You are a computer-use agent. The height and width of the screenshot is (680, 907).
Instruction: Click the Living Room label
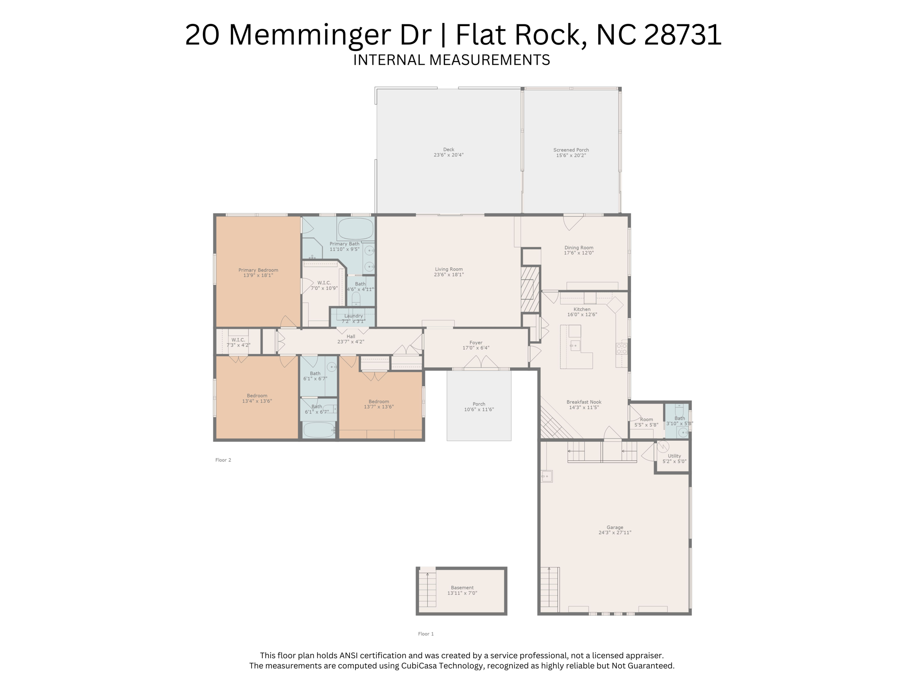449,269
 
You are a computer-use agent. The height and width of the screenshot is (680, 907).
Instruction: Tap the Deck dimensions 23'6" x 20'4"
449,155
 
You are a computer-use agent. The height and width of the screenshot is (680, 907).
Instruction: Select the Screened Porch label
571,150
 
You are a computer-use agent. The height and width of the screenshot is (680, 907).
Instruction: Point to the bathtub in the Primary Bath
356,228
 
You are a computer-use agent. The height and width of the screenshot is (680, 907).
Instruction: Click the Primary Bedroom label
258,270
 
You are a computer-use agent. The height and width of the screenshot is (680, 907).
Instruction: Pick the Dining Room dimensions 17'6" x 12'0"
579,253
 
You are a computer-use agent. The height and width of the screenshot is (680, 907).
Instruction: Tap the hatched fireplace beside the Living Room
530,290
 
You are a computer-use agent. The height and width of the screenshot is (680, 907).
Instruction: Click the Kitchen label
582,309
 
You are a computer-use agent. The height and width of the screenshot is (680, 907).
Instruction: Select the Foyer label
476,343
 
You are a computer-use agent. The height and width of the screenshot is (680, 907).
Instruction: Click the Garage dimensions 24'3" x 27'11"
615,533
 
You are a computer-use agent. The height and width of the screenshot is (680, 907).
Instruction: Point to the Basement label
462,588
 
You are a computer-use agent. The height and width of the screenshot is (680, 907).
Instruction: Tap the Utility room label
674,456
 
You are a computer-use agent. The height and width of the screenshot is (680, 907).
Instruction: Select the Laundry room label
353,316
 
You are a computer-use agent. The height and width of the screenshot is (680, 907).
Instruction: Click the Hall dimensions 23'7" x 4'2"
351,342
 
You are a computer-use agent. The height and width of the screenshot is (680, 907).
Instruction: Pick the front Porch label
479,404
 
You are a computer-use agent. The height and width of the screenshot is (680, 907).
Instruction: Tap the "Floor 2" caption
223,460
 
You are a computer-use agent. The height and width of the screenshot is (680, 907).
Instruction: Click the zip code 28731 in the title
683,35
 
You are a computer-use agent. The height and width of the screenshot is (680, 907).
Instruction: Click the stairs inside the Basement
427,589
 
